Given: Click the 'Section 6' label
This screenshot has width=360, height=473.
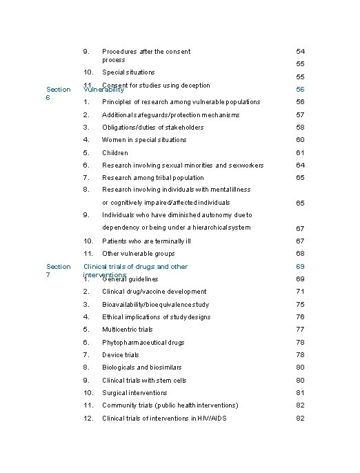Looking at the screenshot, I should tap(57, 93).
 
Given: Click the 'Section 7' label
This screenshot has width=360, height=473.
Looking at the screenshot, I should tap(57, 270).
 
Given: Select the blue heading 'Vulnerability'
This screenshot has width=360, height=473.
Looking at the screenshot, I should tap(103, 90).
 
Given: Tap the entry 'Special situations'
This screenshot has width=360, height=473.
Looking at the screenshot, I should tap(128, 72).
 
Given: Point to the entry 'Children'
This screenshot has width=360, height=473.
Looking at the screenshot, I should tap(115, 152).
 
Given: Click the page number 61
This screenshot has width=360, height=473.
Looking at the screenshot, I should tap(300, 152).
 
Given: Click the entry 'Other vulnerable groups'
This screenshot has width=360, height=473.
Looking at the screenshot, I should tap(138, 254).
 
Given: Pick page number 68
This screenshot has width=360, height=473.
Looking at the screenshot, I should tap(300, 254).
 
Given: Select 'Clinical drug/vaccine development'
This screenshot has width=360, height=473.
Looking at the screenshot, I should tap(154, 292).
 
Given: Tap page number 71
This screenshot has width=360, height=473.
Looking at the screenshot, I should tap(300, 292).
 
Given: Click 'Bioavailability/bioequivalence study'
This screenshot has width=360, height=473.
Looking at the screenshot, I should tap(156, 304).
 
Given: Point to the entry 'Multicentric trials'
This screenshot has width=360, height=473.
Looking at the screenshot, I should tap(128, 330).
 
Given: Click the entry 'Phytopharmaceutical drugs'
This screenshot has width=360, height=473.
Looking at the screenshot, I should tap(143, 342).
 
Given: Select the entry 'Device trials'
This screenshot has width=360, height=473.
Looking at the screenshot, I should tap(121, 355).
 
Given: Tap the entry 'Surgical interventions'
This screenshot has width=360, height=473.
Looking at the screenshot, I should tap(134, 393).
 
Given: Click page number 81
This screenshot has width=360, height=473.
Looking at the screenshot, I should tap(300, 393).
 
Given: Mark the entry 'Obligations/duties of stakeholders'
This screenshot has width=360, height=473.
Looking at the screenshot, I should tap(153, 127).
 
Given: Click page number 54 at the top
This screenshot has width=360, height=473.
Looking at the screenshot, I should tap(300, 51).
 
